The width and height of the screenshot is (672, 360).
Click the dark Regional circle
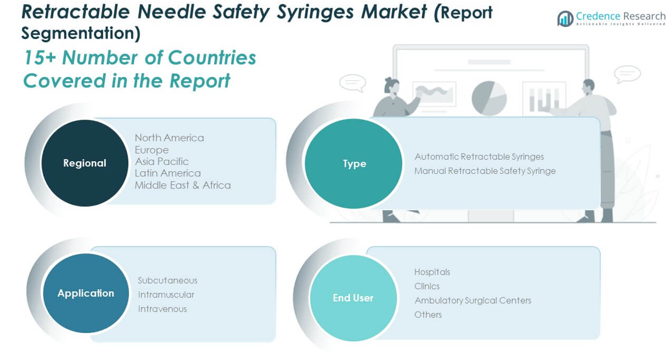[x=85, y=163]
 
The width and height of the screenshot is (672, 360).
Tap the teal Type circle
[x=354, y=163]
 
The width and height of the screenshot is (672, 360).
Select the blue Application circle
[x=86, y=293]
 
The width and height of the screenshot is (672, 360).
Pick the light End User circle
[x=353, y=298]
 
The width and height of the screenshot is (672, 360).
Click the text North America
[x=169, y=138]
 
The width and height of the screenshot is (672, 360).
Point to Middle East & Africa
[x=183, y=185]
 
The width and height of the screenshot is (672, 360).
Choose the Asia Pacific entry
[x=162, y=161]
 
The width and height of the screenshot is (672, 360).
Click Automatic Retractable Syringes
[x=479, y=157]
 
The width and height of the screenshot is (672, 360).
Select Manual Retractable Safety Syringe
[x=485, y=171]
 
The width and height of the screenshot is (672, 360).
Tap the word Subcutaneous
[x=167, y=280]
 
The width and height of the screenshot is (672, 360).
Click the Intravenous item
[x=162, y=308]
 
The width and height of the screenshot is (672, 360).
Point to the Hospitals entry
[x=432, y=272]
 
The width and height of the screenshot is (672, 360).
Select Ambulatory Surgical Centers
[x=472, y=300]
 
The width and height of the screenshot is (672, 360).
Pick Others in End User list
[x=428, y=315]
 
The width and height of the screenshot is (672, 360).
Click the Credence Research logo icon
[x=565, y=19]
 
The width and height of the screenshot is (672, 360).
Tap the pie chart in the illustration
[x=489, y=98]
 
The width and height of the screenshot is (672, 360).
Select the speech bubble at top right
[x=627, y=74]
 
